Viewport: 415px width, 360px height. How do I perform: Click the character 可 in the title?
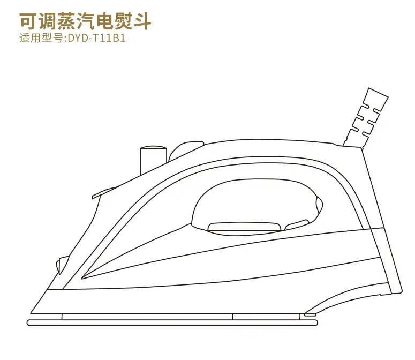(28, 21)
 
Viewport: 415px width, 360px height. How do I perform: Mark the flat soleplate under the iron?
(171, 322)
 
